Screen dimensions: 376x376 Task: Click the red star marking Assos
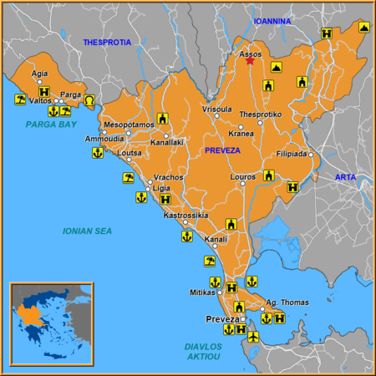[250, 61]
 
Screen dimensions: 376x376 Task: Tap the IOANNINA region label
[272, 21]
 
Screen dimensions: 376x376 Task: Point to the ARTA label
[345, 177]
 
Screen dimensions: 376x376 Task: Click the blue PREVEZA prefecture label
[221, 150]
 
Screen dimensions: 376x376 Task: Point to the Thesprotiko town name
[259, 114]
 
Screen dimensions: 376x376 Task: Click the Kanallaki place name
[168, 144]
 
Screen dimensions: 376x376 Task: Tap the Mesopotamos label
[129, 124]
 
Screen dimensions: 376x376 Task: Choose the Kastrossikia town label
[185, 216]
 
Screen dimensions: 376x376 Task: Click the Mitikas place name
[202, 292]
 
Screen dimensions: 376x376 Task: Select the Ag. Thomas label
[287, 302]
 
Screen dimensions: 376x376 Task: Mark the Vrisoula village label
[217, 109]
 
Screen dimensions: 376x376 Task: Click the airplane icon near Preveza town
[254, 337]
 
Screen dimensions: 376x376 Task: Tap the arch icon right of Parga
[89, 100]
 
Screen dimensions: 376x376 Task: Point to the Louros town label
[241, 177]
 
